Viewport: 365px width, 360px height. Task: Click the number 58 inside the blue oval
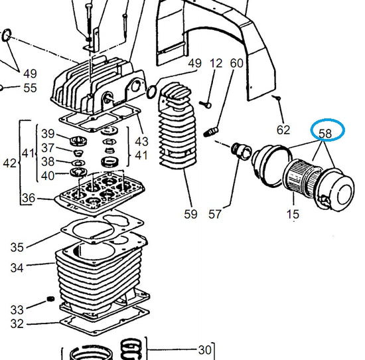coord(325,134)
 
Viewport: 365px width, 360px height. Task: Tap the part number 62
coord(283,130)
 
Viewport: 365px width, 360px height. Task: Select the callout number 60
coord(237,63)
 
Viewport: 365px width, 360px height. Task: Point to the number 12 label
coord(216,63)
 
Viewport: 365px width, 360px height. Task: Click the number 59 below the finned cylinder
coord(190,214)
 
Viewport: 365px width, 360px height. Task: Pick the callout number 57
coord(214,214)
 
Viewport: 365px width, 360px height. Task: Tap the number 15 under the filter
coord(293,214)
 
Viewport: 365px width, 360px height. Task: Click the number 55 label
coord(30,88)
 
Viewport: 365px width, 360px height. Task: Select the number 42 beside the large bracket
coord(10,163)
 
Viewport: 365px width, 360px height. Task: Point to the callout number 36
coord(29,198)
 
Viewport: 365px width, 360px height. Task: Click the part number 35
coord(17,247)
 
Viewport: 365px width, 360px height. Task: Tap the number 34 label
coord(17,268)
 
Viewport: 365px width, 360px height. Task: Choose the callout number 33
coord(17,310)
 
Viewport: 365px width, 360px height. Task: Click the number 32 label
coord(17,323)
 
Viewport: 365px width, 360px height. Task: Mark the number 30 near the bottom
coord(205,350)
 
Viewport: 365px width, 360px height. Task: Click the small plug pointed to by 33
coord(50,299)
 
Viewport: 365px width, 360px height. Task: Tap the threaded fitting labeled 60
coord(211,132)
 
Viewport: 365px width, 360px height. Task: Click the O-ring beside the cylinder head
coord(152,92)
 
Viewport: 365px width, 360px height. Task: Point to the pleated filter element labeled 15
coord(302,177)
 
